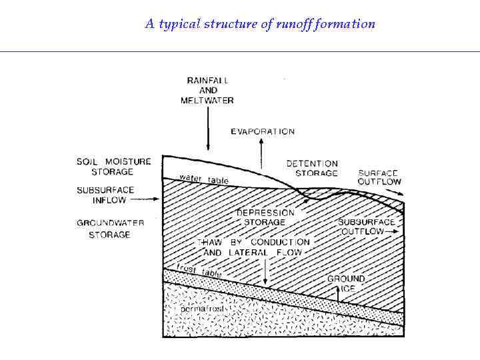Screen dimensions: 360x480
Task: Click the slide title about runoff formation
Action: point(260,25)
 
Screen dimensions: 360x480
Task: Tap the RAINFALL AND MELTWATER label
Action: point(207,91)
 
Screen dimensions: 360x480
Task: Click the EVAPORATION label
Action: point(263,132)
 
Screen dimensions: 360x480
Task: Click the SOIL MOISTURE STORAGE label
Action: point(113,166)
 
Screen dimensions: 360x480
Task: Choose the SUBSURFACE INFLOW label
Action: point(105,195)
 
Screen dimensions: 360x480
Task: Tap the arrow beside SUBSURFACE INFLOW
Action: point(154,198)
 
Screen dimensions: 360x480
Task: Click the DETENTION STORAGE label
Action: point(312,168)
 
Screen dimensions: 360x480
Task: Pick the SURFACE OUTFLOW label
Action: point(379,177)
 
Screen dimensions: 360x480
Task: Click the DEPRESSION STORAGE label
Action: point(265,217)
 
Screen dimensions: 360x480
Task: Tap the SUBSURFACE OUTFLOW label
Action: point(366,226)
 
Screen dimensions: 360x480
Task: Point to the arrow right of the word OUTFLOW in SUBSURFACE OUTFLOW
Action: point(394,231)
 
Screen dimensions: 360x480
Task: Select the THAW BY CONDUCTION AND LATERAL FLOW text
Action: point(253,247)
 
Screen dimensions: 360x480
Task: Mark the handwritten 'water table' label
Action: point(204,179)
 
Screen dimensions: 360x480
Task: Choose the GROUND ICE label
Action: point(346,283)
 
